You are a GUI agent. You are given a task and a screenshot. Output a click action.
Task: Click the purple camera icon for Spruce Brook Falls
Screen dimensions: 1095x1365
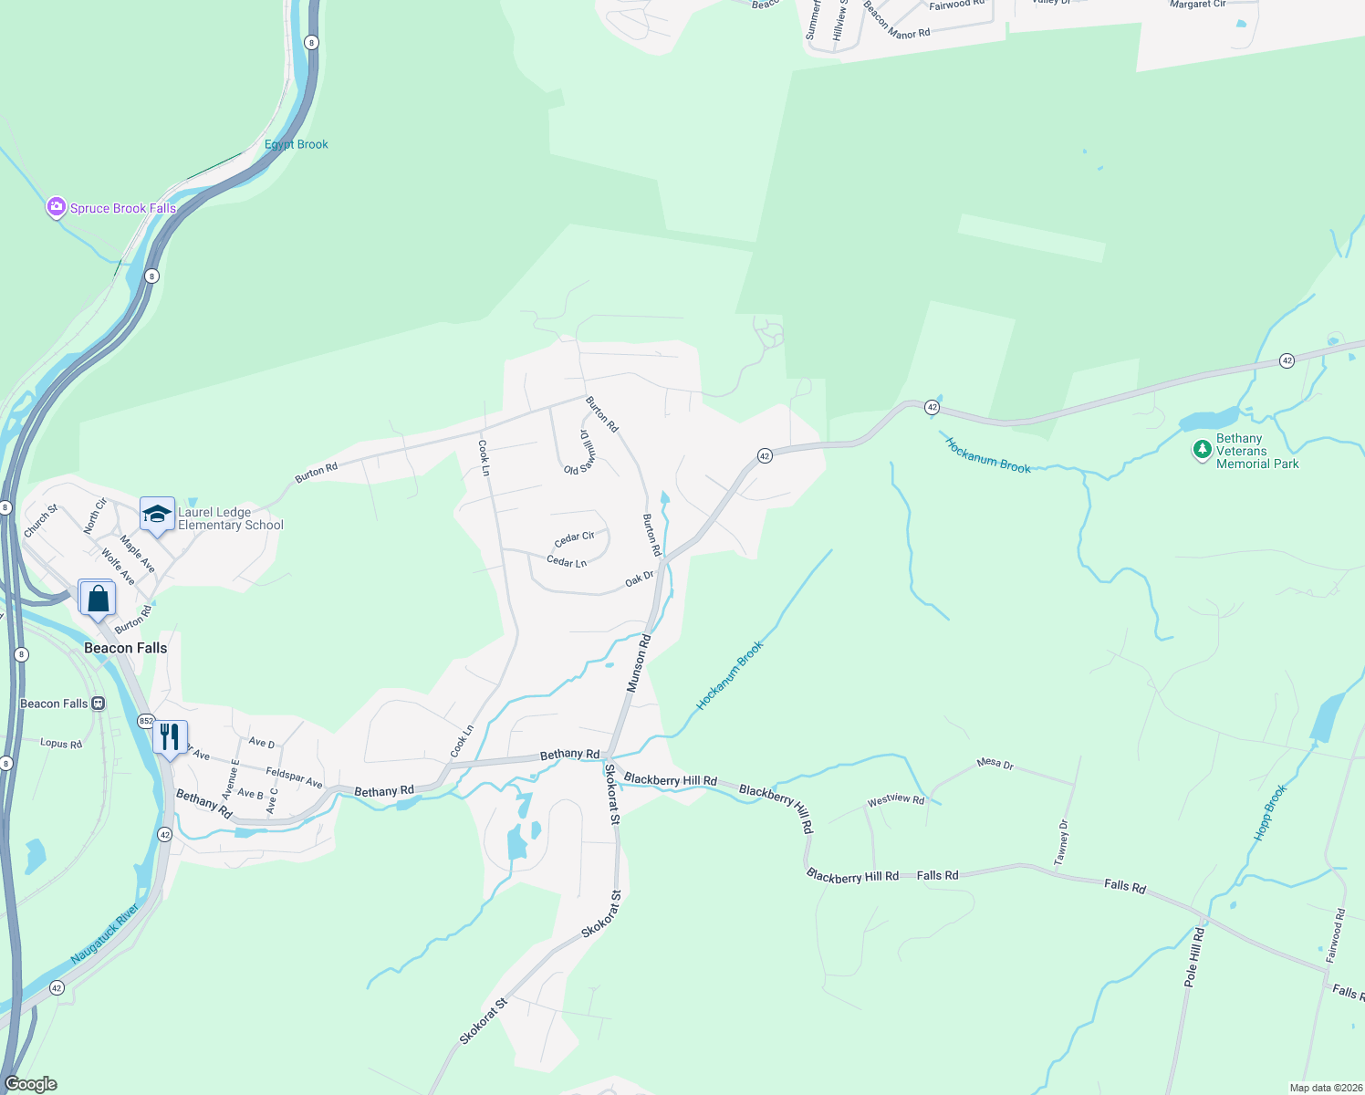point(57,208)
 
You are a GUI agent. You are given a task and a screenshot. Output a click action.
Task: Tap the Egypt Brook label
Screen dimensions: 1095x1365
point(297,144)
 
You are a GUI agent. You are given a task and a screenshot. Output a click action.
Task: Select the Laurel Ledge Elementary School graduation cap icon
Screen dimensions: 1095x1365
point(157,514)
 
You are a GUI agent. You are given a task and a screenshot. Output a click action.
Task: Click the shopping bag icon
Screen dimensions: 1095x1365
point(99,599)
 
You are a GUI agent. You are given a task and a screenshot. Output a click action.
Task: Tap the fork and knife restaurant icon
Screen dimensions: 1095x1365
point(170,735)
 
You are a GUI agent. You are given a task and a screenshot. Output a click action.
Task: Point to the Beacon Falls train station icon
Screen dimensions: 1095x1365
point(99,704)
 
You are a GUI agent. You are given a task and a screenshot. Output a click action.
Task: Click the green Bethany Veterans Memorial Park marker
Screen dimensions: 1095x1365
point(1203,450)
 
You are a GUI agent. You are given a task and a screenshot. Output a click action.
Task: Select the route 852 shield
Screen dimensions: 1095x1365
point(146,721)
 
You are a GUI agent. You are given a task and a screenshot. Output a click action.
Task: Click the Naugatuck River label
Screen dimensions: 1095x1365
point(105,933)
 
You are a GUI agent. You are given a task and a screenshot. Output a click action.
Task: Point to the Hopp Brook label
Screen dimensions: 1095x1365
point(1269,812)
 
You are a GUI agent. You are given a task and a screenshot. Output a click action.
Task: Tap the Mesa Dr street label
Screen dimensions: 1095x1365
point(995,763)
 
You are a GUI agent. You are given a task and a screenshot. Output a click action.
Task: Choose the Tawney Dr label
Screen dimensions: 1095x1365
point(1061,842)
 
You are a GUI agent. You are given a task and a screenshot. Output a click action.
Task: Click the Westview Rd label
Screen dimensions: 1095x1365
point(895,800)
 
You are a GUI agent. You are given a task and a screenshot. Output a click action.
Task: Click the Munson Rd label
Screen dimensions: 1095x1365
point(639,663)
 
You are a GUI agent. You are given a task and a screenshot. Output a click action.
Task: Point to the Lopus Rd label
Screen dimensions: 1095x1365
point(61,744)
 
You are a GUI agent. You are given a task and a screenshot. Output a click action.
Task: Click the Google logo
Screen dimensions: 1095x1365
point(30,1084)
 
